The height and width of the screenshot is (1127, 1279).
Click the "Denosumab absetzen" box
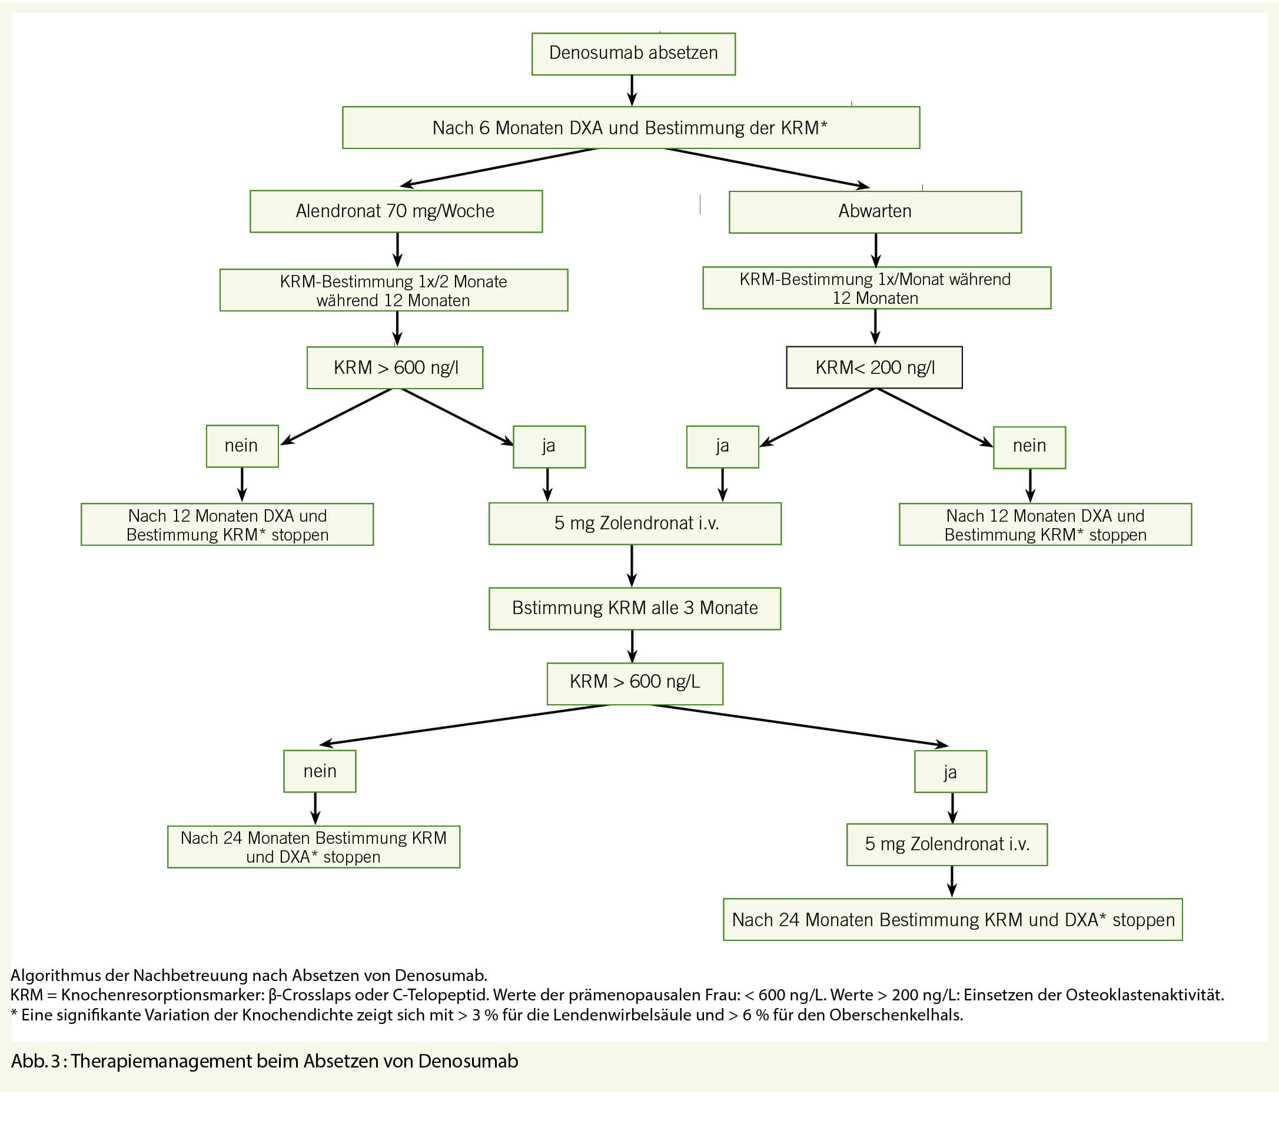[x=633, y=54]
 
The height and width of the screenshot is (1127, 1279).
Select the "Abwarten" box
[x=875, y=211]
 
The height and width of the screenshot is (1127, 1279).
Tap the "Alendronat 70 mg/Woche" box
[x=396, y=211]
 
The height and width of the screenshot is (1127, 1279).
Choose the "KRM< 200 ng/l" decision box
[x=874, y=367]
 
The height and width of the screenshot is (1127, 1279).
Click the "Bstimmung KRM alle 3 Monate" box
[x=634, y=608]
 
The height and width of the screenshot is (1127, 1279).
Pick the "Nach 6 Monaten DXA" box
[x=631, y=128]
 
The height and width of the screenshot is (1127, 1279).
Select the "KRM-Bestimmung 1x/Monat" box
[x=876, y=288]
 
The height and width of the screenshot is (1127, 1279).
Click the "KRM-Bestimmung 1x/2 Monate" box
[x=394, y=290]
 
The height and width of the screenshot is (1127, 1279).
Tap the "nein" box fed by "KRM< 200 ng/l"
[x=1029, y=447]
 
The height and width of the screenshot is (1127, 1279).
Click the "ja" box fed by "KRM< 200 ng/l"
[x=722, y=446]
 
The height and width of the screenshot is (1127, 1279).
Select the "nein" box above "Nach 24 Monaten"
[x=320, y=771]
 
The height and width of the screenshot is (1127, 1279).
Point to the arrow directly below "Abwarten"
[x=876, y=250]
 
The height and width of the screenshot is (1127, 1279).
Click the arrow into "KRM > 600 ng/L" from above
[x=632, y=646]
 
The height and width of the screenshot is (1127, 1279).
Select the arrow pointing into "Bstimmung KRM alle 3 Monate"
[x=632, y=566]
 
